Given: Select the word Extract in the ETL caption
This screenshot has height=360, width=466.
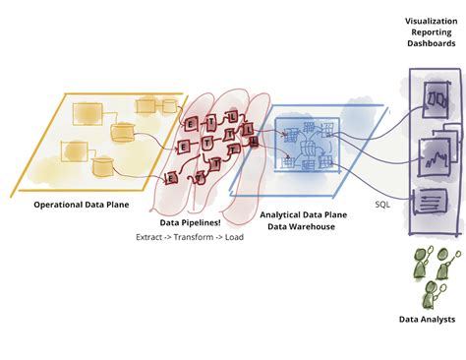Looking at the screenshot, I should (x=151, y=238).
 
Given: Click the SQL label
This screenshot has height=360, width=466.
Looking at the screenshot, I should (x=383, y=206).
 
